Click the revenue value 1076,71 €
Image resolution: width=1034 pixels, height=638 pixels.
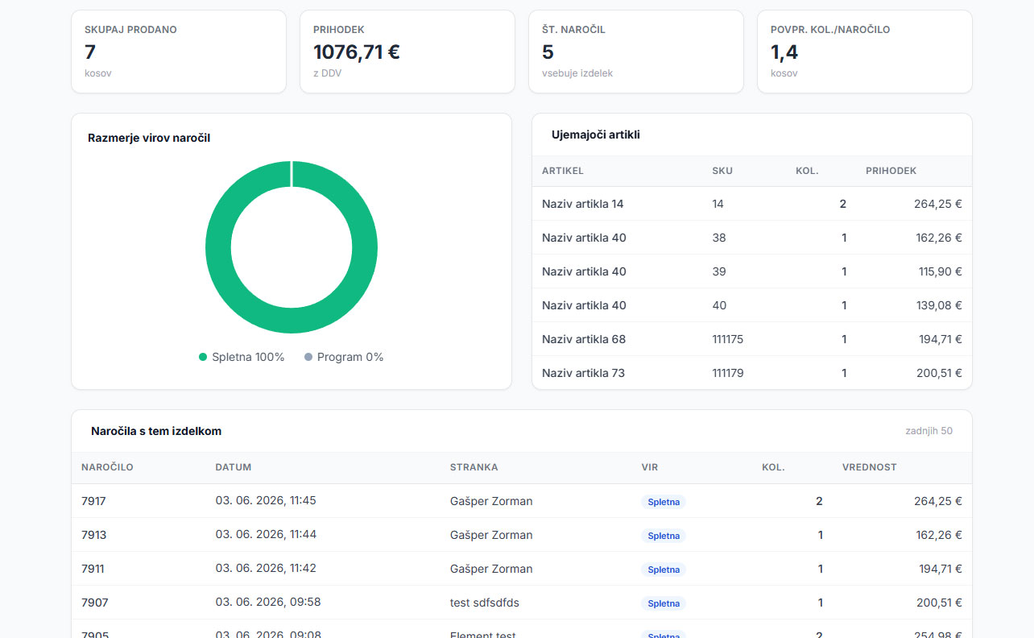point(357,52)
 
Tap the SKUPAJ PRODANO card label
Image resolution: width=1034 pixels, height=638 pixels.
point(130,30)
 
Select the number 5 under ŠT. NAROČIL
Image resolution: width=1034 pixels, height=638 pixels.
point(548,52)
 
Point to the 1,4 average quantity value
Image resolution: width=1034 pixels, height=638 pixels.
point(784,52)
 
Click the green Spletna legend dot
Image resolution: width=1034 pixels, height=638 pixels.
point(203,357)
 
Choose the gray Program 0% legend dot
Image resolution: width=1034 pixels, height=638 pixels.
point(308,357)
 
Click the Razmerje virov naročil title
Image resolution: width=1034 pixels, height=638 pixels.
point(149,138)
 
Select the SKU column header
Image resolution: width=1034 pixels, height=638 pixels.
point(722,171)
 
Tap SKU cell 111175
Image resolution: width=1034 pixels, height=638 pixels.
point(727,339)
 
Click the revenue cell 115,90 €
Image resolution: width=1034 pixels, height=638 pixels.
point(940,271)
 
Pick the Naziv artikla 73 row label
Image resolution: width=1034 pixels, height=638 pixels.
point(583,373)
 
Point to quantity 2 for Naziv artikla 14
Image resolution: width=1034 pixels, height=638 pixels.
point(842,204)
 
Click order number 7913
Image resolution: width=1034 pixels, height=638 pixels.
point(93,535)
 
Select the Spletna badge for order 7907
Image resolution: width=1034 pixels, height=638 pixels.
point(664,603)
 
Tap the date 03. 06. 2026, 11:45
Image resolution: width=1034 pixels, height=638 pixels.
point(266,500)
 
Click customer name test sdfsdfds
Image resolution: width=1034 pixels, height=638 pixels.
point(484,603)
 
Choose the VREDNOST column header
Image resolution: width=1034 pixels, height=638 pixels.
point(869,467)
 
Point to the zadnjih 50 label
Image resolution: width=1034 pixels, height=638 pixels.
point(929,431)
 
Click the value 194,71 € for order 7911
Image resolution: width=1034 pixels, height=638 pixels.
point(941,569)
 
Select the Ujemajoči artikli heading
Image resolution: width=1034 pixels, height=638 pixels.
point(595,135)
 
